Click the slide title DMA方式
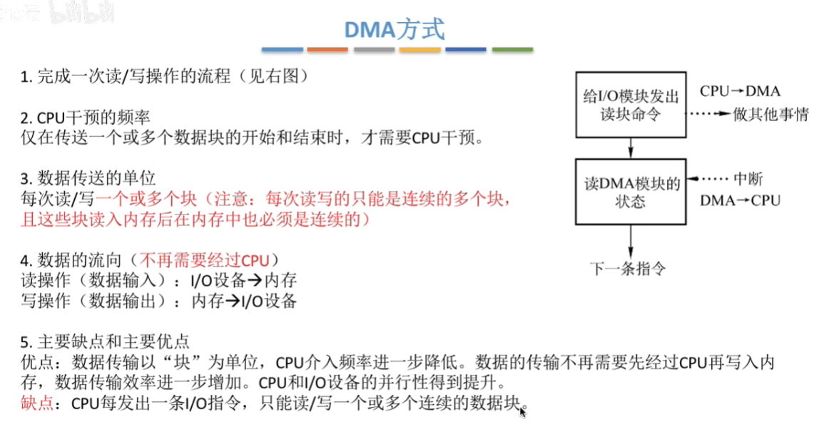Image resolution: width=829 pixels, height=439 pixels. point(395,30)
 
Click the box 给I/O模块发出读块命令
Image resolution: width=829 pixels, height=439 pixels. point(631,105)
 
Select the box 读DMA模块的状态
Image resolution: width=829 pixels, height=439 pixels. point(631,192)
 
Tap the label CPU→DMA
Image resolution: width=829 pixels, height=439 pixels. point(741,91)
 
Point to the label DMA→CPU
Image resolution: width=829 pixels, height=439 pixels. point(741,200)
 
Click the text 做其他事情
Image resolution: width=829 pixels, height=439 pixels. point(770,114)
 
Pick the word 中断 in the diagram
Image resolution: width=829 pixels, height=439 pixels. point(748,179)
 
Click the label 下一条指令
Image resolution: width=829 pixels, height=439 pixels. point(628,269)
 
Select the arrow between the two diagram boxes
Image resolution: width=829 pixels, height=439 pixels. point(631,148)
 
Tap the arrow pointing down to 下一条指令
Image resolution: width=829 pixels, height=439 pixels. point(631,242)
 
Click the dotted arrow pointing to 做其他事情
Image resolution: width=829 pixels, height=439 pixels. point(708,113)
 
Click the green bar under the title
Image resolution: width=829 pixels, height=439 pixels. point(512,50)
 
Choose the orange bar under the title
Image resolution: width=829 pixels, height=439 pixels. point(327,50)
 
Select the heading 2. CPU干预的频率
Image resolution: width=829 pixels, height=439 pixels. point(85,118)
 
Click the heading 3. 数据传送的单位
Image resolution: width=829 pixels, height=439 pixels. point(88,178)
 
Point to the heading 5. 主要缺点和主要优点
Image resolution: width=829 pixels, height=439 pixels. point(105,342)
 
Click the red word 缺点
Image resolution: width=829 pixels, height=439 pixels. point(36,403)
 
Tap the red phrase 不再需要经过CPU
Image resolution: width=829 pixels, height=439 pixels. point(204,260)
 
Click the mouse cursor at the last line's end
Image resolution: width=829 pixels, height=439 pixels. point(522,411)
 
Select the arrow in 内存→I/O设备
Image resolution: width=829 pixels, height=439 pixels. point(233,301)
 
